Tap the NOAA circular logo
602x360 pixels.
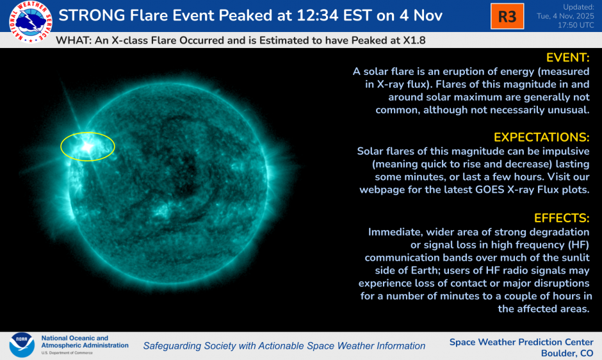coord(22,345)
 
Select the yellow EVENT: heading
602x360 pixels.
coord(567,58)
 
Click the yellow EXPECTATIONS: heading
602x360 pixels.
coord(541,138)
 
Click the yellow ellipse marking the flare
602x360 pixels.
coord(87,146)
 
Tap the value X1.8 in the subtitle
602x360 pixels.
coord(412,40)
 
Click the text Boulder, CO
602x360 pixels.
coord(566,353)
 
